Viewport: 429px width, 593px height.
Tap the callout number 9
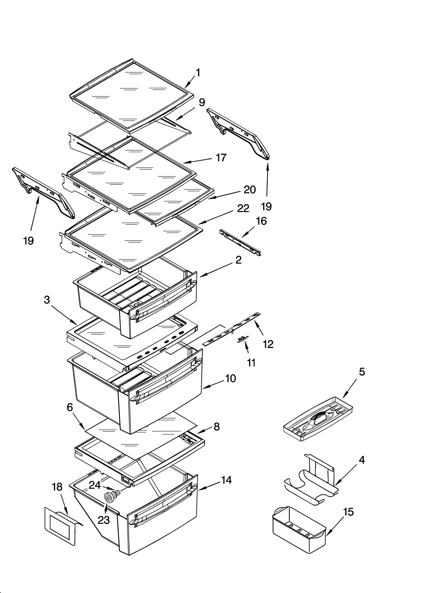point(202,102)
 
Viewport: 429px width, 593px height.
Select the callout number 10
point(230,378)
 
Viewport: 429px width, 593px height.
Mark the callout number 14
point(226,480)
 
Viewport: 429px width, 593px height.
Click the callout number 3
point(47,300)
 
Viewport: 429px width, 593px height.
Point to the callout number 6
point(70,407)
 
